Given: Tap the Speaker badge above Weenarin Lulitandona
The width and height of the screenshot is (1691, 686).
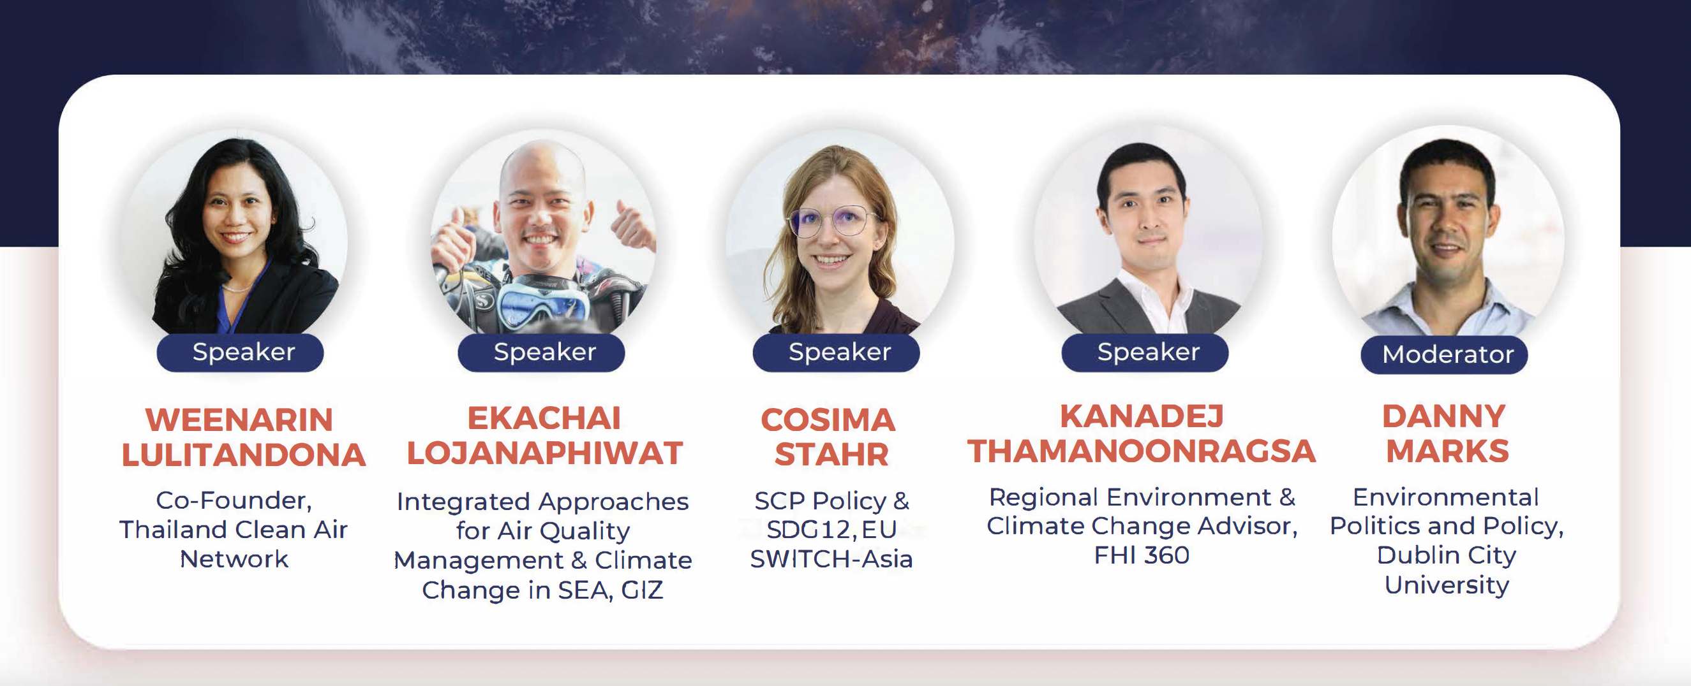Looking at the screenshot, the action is [x=241, y=353].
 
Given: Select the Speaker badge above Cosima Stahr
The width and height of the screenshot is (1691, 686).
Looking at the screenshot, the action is [x=837, y=353].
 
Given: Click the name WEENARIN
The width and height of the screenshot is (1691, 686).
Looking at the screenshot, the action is [x=239, y=420].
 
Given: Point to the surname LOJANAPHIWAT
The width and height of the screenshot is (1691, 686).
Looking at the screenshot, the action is [x=545, y=453].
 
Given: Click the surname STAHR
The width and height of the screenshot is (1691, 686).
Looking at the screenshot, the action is [x=831, y=455].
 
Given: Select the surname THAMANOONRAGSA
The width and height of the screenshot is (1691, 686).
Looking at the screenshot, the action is [x=1142, y=451].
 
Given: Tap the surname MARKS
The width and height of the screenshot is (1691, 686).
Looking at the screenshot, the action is [x=1447, y=451].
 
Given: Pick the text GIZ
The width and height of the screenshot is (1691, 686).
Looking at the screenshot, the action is [x=642, y=590].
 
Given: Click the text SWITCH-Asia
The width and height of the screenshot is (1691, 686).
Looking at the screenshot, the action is [x=831, y=558].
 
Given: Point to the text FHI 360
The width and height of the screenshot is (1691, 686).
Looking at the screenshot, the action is [x=1142, y=555].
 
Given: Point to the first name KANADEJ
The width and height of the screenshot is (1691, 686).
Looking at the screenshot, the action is [x=1142, y=416].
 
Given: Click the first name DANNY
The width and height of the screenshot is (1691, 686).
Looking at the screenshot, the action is [x=1443, y=416].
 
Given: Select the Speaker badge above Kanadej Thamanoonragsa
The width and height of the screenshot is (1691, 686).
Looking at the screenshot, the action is [x=1145, y=353].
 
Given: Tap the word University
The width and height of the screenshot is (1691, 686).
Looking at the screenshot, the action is [x=1447, y=585].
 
